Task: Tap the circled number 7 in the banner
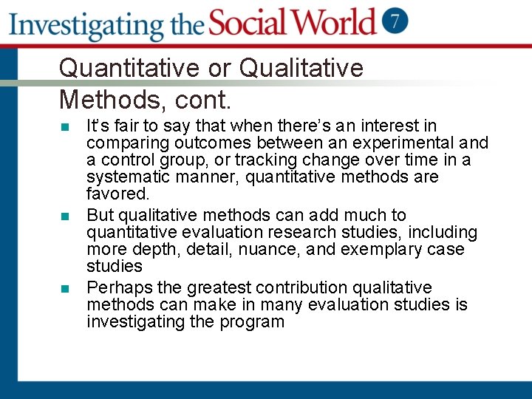click(397, 21)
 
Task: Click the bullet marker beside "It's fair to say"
click(65, 127)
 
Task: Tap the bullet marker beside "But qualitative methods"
click(65, 216)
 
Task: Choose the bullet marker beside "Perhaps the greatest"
click(65, 288)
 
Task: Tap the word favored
click(117, 194)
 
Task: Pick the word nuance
click(267, 250)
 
